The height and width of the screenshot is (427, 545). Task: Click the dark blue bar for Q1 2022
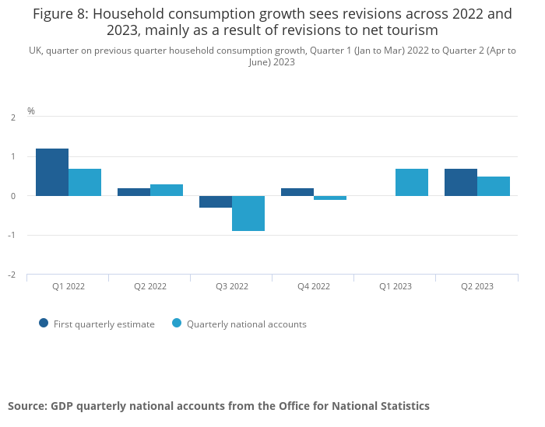tap(52, 172)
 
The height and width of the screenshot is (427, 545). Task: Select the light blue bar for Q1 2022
tap(85, 182)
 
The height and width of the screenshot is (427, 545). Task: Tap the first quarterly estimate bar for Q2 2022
tap(134, 192)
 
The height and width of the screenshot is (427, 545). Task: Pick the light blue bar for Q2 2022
tap(167, 190)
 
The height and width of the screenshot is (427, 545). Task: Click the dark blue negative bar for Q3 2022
tap(216, 202)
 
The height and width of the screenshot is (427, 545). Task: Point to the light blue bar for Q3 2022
tap(248, 213)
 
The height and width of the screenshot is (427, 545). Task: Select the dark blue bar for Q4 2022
tap(297, 192)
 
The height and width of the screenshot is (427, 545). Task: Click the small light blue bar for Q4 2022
tap(330, 198)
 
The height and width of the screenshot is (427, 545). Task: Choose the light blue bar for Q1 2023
tap(412, 182)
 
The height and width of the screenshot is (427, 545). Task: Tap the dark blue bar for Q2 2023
tap(461, 182)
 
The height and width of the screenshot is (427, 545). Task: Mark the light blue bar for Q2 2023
tap(494, 186)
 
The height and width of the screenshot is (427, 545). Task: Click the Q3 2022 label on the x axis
tap(232, 286)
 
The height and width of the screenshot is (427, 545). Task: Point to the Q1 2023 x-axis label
tap(396, 286)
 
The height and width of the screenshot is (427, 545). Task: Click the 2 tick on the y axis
tap(13, 117)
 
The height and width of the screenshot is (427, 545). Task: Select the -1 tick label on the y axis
tap(12, 236)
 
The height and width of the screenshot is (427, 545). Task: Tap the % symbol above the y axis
tap(31, 111)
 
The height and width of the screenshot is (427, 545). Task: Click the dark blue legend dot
tap(44, 324)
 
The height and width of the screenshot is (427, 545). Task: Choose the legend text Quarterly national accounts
tap(246, 324)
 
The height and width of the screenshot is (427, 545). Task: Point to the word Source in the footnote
tap(26, 406)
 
